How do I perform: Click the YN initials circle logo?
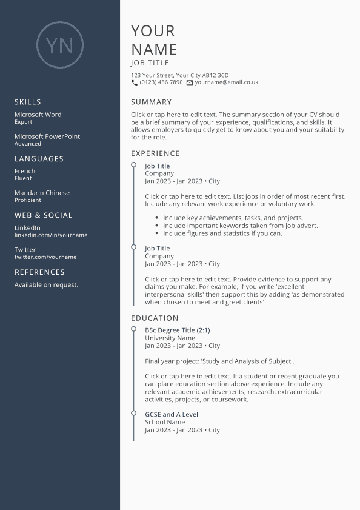click(x=59, y=44)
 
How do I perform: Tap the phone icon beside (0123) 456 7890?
click(x=135, y=82)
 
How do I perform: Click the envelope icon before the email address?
click(x=190, y=82)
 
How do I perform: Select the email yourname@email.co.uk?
click(x=227, y=82)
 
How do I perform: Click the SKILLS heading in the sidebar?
click(x=28, y=102)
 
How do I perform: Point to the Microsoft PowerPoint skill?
click(x=47, y=136)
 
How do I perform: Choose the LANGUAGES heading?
click(x=39, y=159)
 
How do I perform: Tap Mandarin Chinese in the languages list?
click(x=42, y=193)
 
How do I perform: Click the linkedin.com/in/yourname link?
click(x=51, y=235)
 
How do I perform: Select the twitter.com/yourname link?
click(x=45, y=257)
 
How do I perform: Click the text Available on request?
click(x=46, y=285)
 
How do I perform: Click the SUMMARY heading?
click(x=152, y=102)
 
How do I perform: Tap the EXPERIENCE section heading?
click(x=155, y=153)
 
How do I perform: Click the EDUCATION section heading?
click(x=155, y=318)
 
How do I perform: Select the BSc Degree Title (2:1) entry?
click(x=178, y=330)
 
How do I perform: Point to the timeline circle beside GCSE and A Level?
click(x=133, y=414)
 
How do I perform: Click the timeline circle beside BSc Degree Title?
click(x=133, y=329)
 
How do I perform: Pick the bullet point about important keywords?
click(x=240, y=226)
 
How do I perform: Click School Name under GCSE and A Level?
click(x=165, y=422)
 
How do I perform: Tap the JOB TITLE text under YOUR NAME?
click(x=150, y=63)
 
